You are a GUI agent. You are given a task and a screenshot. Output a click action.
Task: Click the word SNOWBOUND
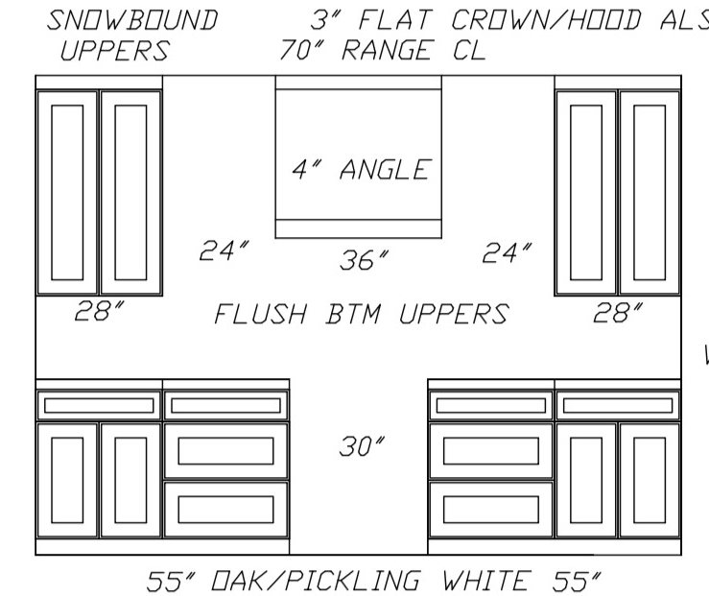click(x=132, y=20)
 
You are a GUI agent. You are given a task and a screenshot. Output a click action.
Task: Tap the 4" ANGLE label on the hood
click(x=362, y=170)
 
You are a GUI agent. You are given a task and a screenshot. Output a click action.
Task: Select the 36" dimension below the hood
click(x=364, y=260)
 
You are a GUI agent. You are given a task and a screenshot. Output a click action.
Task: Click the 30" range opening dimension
click(x=362, y=446)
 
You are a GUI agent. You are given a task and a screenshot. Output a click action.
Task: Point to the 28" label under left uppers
click(x=99, y=311)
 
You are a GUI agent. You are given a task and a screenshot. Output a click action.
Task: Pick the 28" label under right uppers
click(x=618, y=313)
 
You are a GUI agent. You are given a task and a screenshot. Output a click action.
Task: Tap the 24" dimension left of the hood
click(x=224, y=250)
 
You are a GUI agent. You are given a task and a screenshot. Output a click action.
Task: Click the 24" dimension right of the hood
click(x=507, y=252)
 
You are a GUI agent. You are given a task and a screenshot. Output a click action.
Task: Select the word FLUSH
click(x=260, y=314)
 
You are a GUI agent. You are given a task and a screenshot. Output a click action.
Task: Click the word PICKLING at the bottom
click(x=352, y=581)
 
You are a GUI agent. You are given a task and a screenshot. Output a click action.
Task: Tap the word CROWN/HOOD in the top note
click(x=546, y=20)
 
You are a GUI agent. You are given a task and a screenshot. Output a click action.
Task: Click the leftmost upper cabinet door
click(x=67, y=193)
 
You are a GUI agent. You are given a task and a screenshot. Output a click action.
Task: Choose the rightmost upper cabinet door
click(x=650, y=193)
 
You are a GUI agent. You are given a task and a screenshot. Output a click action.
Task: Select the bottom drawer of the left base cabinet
click(x=225, y=510)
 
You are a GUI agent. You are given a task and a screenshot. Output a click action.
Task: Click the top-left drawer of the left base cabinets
click(x=99, y=406)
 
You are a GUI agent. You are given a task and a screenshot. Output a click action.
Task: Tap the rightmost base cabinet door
click(x=650, y=480)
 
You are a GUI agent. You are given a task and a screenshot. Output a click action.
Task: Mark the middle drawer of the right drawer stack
click(x=491, y=451)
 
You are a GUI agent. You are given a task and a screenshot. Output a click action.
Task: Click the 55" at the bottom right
click(x=577, y=581)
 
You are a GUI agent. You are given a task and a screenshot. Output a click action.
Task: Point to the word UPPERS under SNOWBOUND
click(x=115, y=50)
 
